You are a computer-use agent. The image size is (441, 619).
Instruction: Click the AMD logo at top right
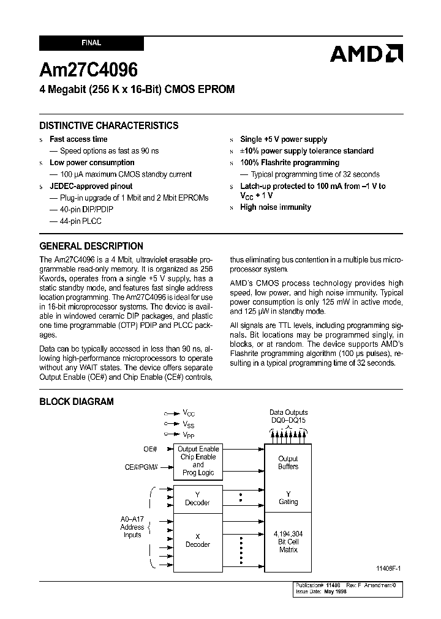[366, 54]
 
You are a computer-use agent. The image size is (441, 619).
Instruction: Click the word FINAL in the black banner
[91, 43]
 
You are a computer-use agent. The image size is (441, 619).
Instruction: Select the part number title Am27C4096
[88, 69]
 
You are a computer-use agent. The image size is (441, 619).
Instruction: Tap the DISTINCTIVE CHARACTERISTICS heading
[109, 125]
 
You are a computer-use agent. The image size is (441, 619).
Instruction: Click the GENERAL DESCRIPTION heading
[91, 246]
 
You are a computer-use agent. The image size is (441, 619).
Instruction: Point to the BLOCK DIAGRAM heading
[77, 402]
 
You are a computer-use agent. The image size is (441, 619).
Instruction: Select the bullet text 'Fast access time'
[78, 139]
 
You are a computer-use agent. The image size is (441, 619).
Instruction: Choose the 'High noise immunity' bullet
[275, 207]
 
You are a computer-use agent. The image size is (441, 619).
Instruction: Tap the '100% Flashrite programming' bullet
[289, 163]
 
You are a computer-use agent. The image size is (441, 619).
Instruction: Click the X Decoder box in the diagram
[197, 540]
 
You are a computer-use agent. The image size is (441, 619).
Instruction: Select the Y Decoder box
[197, 499]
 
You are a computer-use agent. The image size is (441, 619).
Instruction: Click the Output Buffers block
[288, 462]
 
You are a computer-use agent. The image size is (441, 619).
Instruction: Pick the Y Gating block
[288, 498]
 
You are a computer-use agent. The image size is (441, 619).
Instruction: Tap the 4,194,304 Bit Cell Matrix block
[288, 542]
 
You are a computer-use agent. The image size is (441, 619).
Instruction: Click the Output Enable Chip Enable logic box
[198, 461]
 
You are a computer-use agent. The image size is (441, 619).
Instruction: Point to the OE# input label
[151, 449]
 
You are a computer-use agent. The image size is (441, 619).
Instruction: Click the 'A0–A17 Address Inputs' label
[132, 527]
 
